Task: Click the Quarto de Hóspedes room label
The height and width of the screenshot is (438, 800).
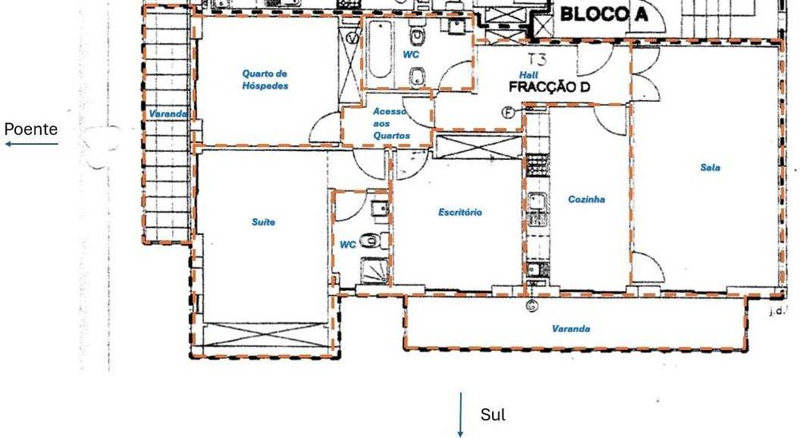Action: tap(266, 80)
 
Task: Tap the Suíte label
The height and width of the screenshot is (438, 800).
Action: tap(263, 222)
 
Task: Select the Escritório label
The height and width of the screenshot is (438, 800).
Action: tap(460, 212)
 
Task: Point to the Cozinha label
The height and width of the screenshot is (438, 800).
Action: tap(586, 199)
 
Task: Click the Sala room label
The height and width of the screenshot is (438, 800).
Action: tap(710, 167)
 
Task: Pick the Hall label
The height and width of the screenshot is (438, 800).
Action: tap(529, 75)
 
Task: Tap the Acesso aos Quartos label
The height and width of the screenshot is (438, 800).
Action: tap(391, 123)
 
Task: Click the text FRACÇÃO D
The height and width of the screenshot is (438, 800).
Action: tap(550, 87)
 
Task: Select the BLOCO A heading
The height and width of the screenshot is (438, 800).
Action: tap(604, 14)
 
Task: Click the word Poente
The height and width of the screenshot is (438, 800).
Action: tap(30, 129)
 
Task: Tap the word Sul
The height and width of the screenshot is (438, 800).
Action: tap(493, 415)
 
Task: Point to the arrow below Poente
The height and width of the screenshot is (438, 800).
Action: tap(32, 145)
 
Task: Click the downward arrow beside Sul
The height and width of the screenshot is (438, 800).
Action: tap(460, 415)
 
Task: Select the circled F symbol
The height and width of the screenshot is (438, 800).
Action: tap(508, 113)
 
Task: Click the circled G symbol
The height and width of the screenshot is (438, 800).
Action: tap(532, 306)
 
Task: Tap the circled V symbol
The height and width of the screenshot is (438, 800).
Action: tap(352, 38)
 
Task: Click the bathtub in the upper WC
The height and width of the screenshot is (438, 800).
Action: tap(380, 50)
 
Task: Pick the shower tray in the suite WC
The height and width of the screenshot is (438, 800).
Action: tap(375, 270)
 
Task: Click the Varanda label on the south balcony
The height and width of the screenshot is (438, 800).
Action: tap(571, 328)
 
